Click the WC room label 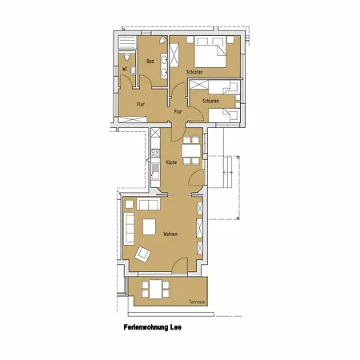click(125, 68)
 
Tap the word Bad click(150, 62)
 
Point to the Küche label click(171, 162)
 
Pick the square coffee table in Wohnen click(150, 227)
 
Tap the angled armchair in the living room click(143, 254)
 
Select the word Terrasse click(196, 302)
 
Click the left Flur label click(140, 105)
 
